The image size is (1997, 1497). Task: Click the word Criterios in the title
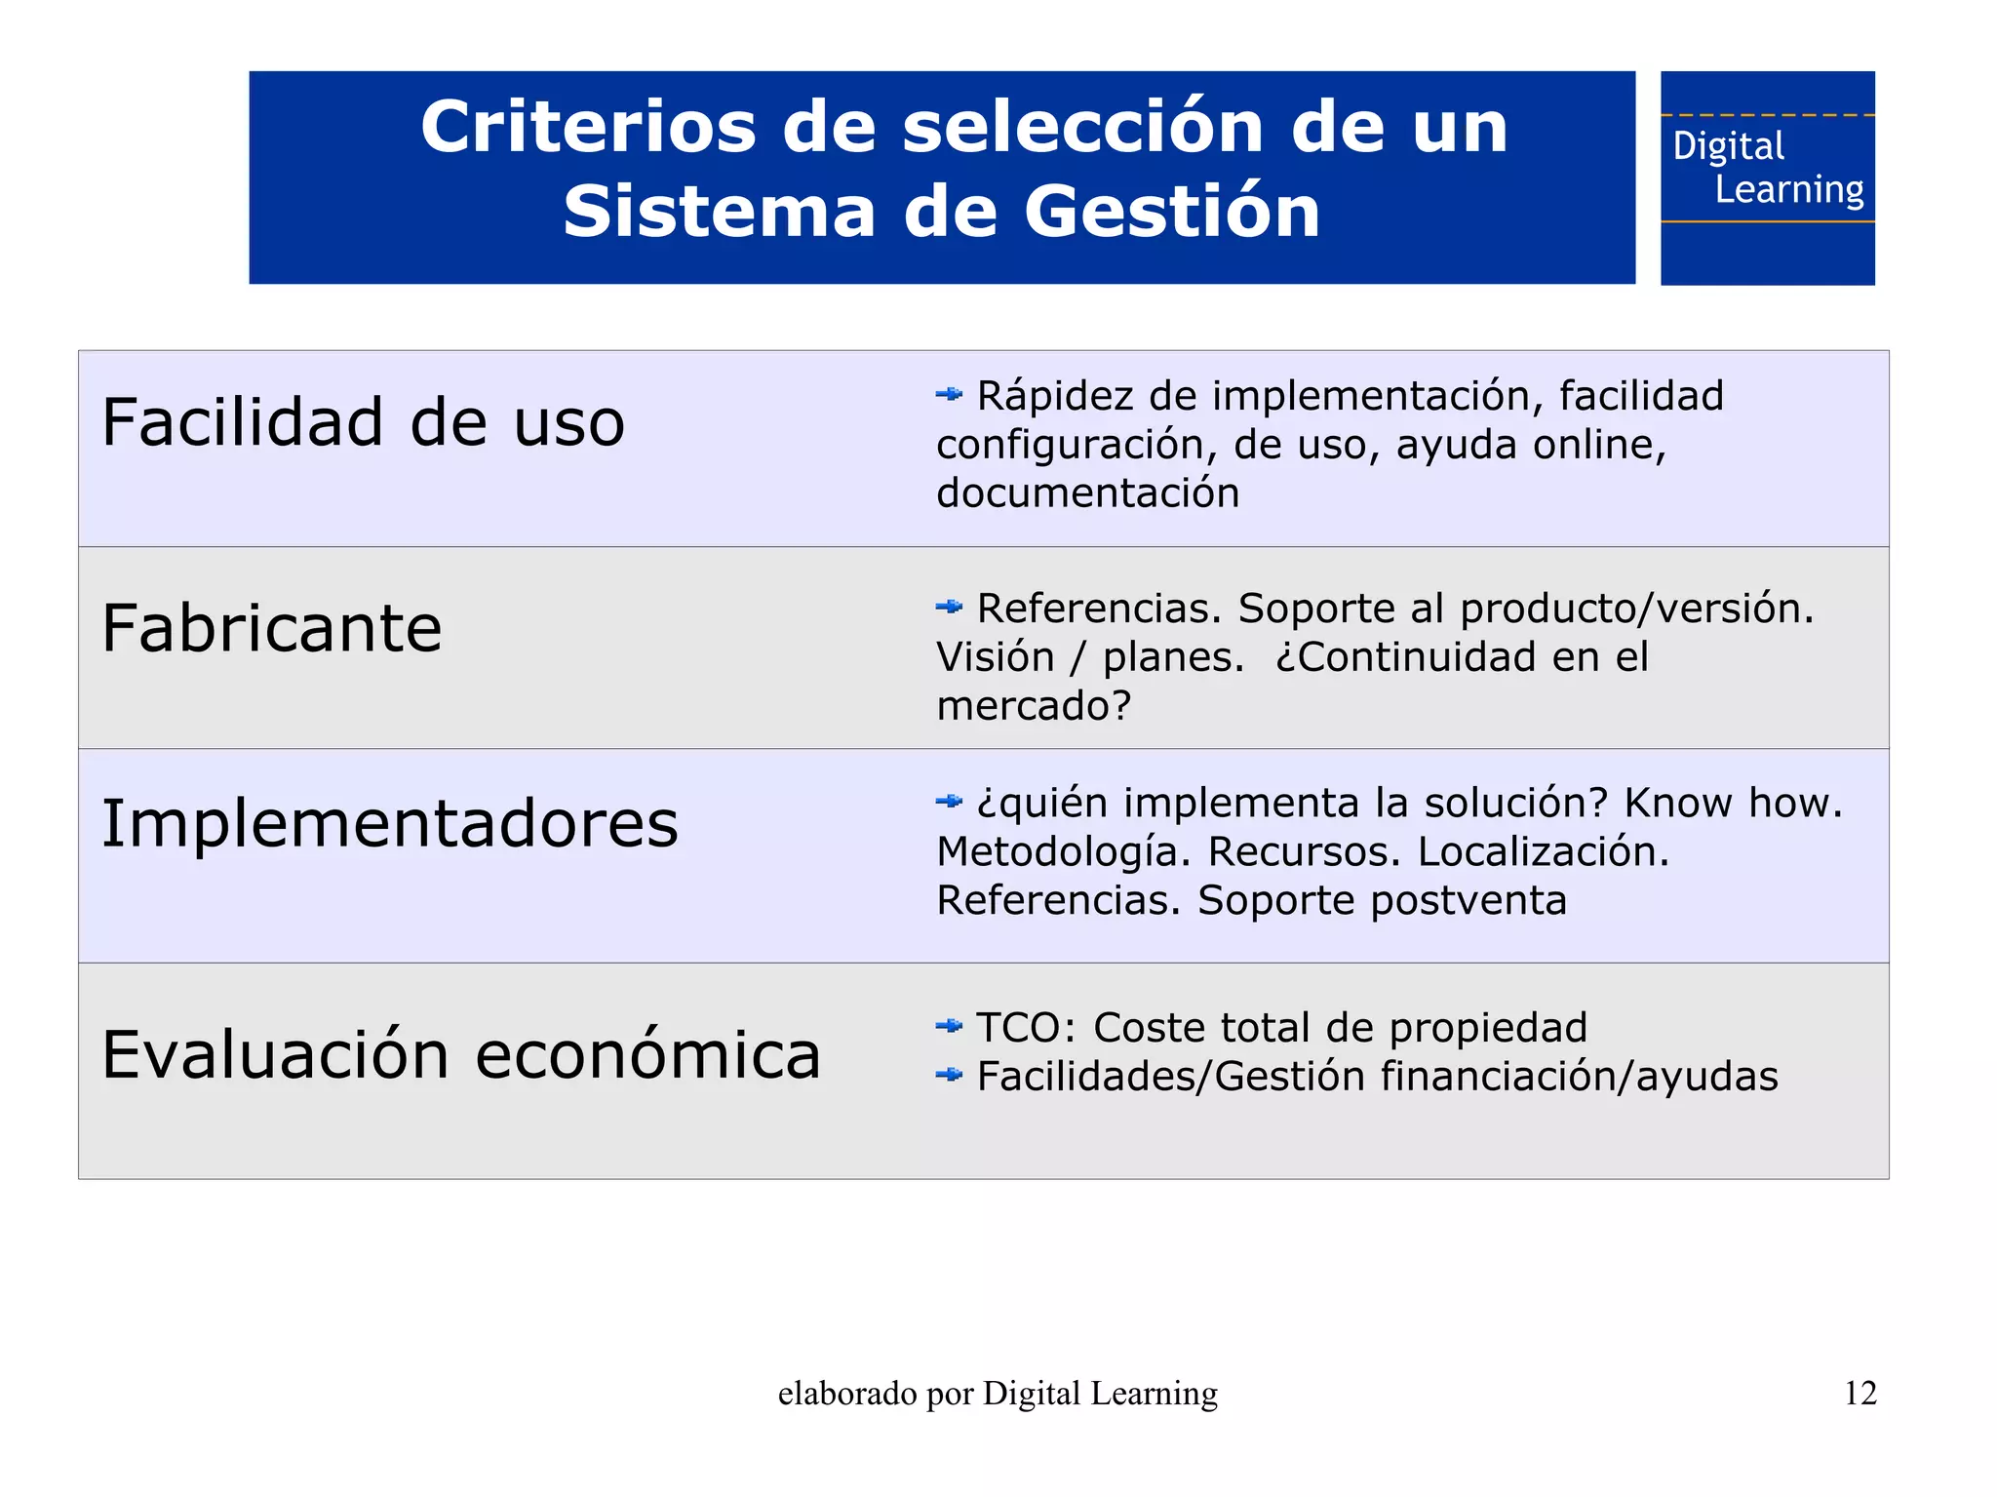point(588,127)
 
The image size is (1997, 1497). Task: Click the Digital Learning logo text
point(1767,168)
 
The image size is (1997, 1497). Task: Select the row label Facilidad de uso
point(363,423)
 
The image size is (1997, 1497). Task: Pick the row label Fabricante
point(272,628)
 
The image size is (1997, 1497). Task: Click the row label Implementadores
point(390,824)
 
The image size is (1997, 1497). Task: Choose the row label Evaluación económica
point(461,1055)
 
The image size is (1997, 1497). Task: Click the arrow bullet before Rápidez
point(949,395)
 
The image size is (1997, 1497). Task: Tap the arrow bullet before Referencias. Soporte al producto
point(949,608)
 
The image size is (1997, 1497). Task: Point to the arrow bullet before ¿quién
point(949,802)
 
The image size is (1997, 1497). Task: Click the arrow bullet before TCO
point(949,1026)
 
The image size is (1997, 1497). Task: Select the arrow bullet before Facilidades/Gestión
point(949,1075)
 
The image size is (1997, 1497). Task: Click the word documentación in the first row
point(1088,493)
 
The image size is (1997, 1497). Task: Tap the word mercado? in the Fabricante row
point(1034,706)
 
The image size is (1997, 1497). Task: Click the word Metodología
point(1064,851)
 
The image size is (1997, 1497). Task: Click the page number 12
point(1860,1393)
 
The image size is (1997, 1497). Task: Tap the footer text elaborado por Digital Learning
point(998,1394)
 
